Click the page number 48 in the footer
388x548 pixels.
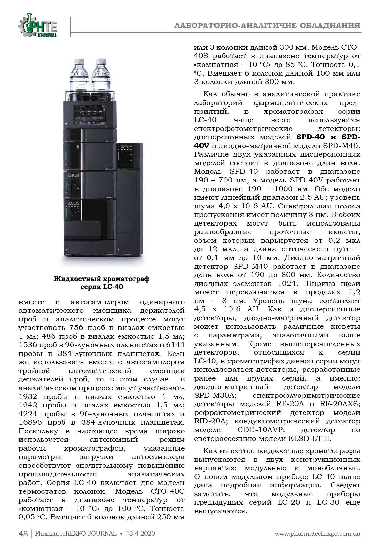pyautogui.click(x=23, y=533)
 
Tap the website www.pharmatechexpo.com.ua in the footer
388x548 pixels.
pyautogui.click(x=317, y=533)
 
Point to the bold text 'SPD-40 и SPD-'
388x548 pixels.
pyautogui.click(x=328, y=137)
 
